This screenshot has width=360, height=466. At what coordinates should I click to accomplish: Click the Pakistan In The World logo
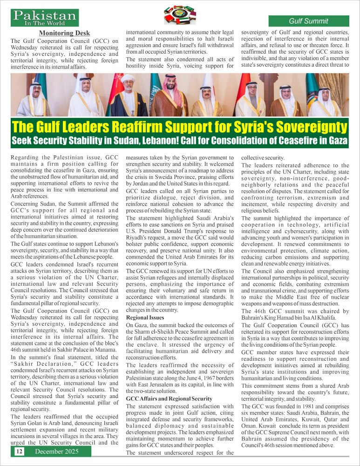45,18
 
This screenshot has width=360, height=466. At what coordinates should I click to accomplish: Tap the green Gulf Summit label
308,21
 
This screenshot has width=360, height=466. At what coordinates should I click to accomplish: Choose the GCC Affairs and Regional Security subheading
169,398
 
